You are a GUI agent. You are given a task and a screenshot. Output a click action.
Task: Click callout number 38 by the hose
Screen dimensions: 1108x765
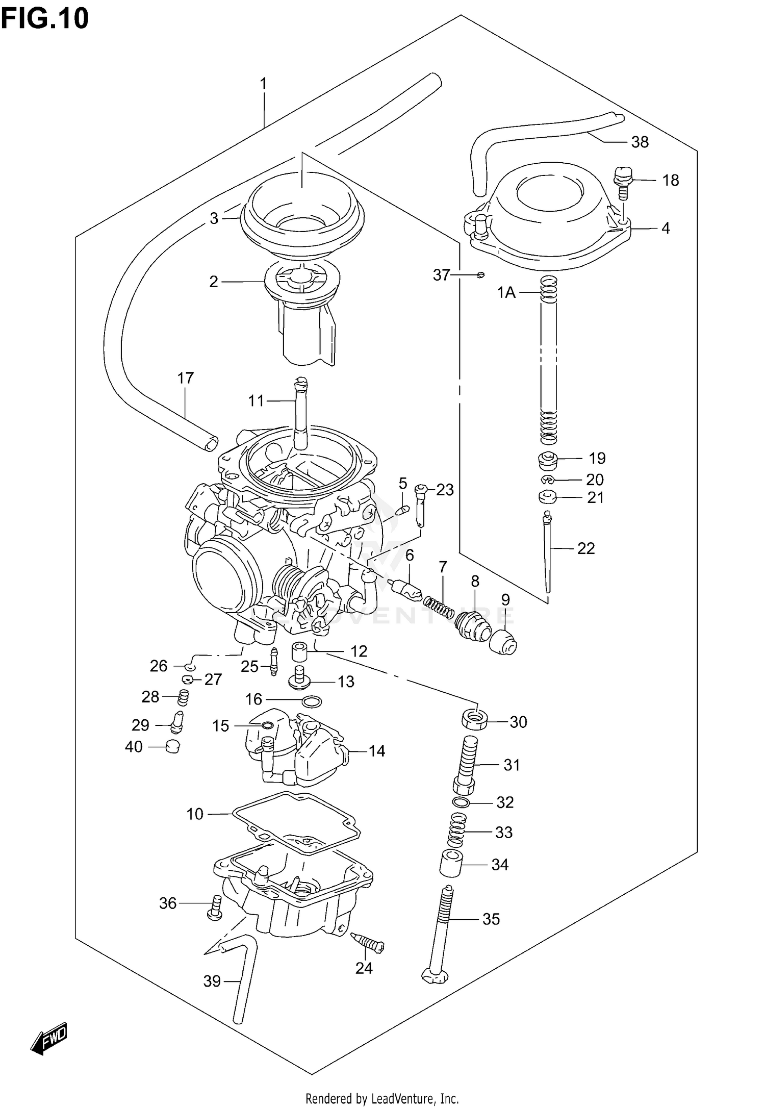(640, 142)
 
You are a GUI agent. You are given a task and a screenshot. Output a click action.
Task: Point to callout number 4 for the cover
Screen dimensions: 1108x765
(666, 228)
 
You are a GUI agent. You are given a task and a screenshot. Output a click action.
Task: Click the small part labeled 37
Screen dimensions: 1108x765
(480, 275)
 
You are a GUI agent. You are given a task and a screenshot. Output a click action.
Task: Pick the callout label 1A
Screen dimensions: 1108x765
(506, 292)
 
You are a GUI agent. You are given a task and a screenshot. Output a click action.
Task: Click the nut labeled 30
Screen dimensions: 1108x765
(475, 720)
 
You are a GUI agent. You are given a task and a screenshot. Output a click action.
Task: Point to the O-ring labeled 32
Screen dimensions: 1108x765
(462, 802)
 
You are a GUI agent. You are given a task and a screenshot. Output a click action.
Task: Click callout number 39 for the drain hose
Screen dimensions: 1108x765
(212, 981)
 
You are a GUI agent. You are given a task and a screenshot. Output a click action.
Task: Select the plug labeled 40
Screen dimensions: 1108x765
(173, 747)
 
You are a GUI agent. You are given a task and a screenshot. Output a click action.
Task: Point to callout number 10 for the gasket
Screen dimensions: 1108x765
(195, 814)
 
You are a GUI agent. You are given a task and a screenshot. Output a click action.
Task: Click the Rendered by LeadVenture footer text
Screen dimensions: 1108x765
(382, 1098)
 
